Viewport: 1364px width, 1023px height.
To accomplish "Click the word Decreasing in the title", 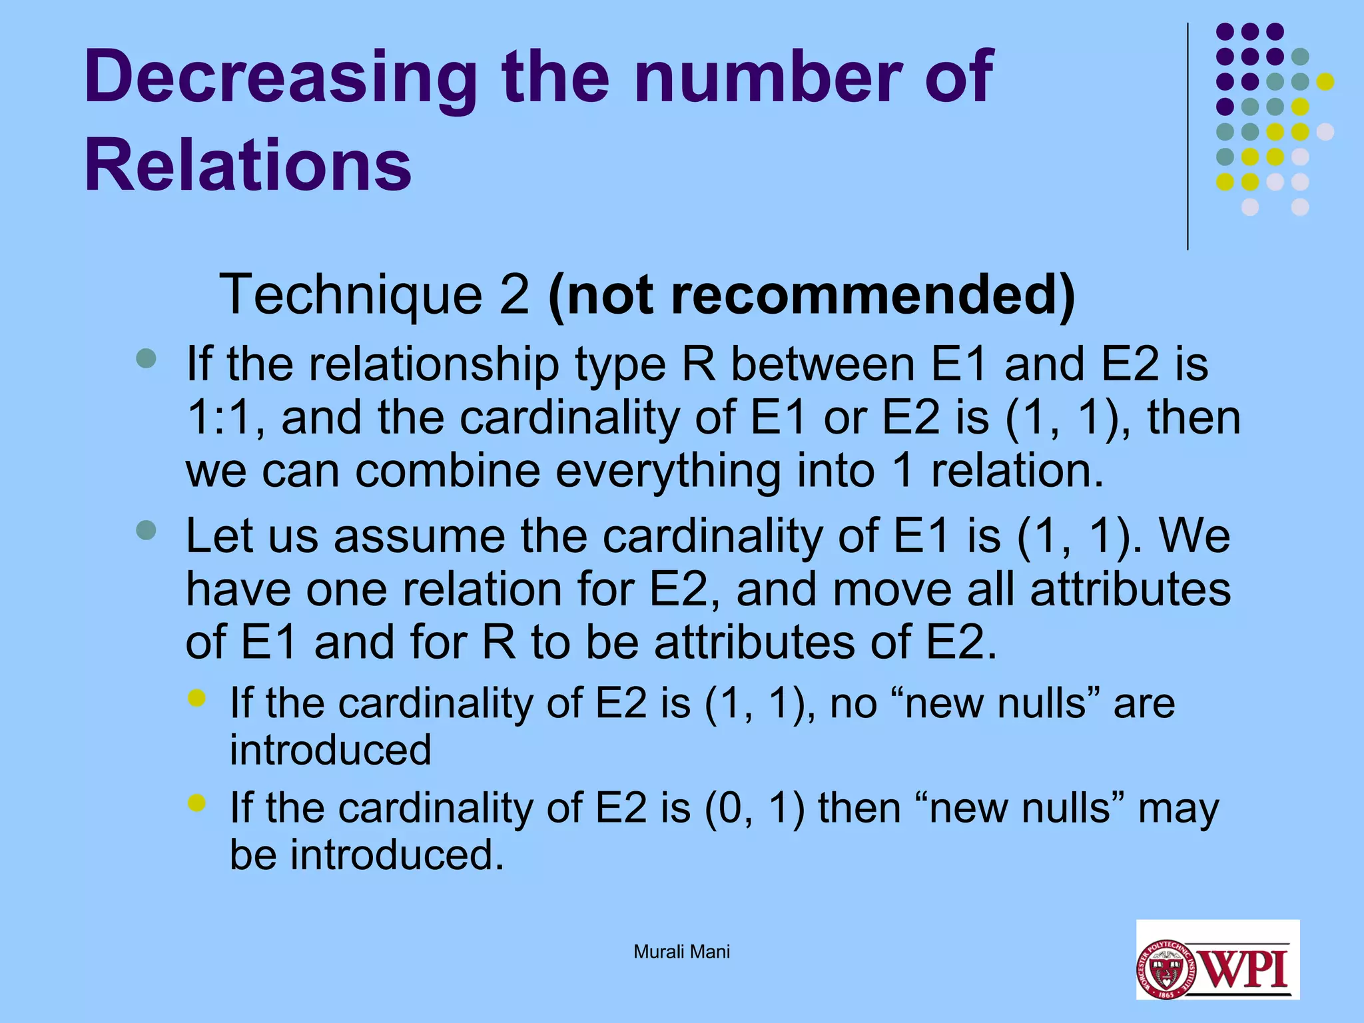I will [280, 79].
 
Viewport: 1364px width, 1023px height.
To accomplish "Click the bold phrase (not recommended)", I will [811, 294].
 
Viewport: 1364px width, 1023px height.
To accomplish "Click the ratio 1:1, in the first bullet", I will [225, 418].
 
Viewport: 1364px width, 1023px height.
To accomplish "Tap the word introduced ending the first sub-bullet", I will [330, 749].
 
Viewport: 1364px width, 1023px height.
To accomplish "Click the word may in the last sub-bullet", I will [1178, 808].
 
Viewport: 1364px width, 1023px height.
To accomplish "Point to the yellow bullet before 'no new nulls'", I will [197, 698].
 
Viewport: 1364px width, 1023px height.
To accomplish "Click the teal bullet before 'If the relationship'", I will [146, 359].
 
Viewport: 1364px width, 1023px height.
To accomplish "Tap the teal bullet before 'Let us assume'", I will [146, 530].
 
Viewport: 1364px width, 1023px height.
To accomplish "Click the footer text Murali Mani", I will [681, 952].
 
